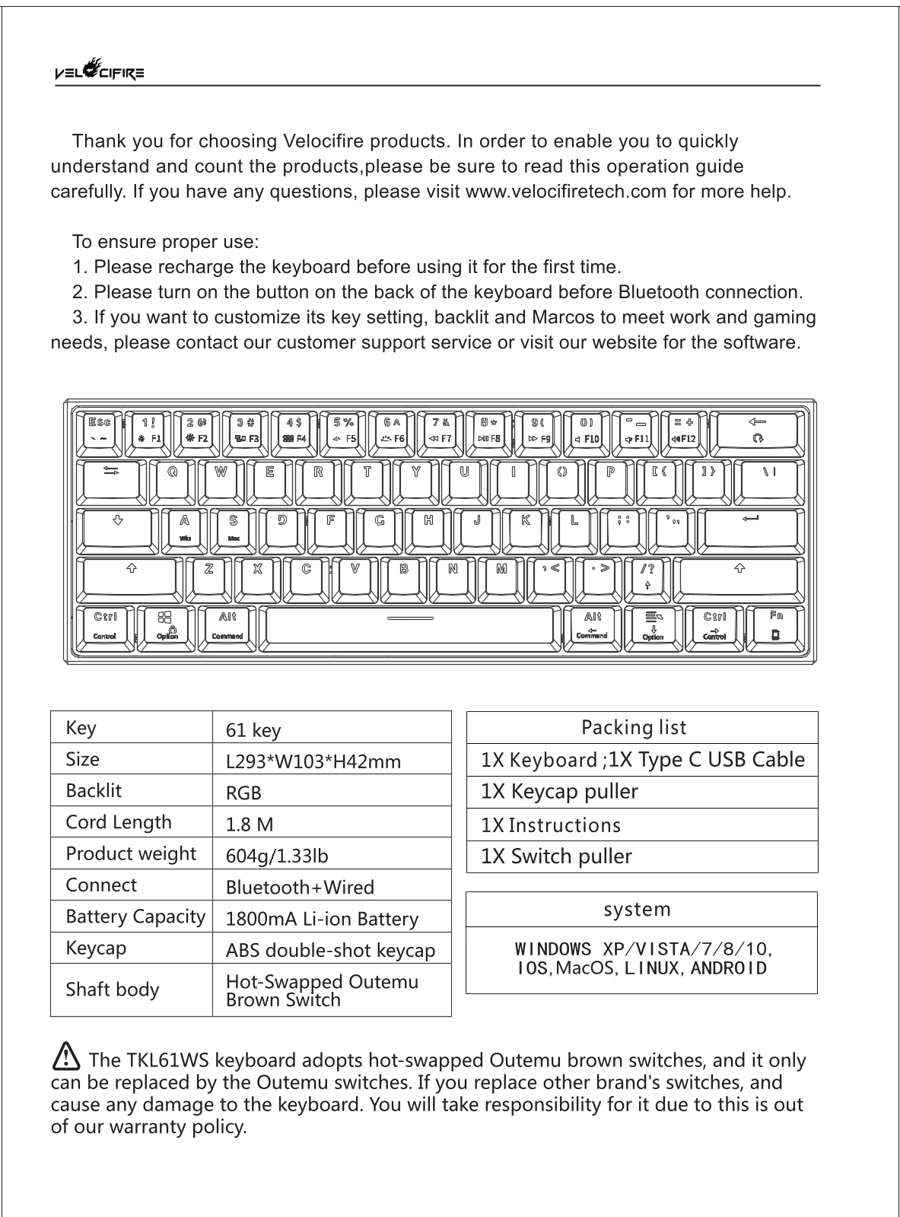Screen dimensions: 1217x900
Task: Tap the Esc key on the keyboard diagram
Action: pyautogui.click(x=100, y=431)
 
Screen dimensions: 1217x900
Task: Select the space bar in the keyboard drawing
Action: pyautogui.click(x=410, y=627)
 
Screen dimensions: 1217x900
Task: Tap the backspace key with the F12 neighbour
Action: pyautogui.click(x=757, y=431)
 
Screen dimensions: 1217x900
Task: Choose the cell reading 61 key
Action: pyautogui.click(x=254, y=730)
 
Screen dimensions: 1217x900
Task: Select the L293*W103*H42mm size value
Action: pyautogui.click(x=313, y=761)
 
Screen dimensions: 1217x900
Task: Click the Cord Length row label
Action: pyautogui.click(x=119, y=822)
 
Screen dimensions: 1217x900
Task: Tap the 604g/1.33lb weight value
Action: pyautogui.click(x=278, y=856)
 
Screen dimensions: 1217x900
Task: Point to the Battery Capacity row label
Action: pyautogui.click(x=135, y=917)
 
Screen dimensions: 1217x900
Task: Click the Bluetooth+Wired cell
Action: pyautogui.click(x=300, y=887)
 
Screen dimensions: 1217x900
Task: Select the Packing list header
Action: pyautogui.click(x=634, y=728)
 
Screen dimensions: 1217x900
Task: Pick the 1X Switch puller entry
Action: pyautogui.click(x=557, y=856)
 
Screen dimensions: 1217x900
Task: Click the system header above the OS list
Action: pyautogui.click(x=638, y=909)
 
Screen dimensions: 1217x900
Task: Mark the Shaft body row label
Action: pyautogui.click(x=113, y=990)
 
